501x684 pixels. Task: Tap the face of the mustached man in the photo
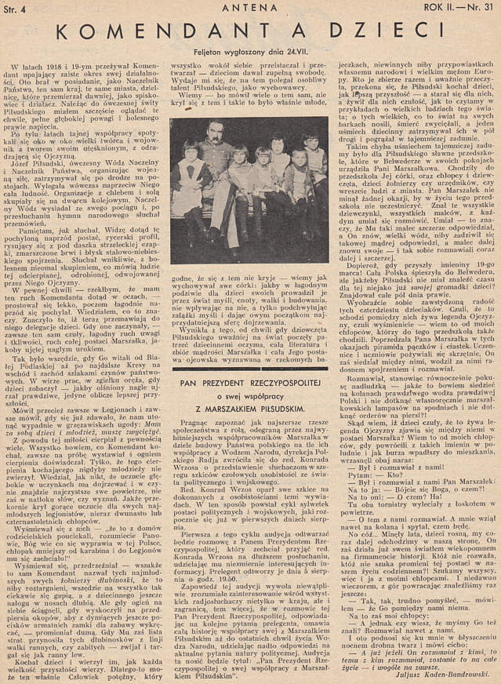(x=217, y=133)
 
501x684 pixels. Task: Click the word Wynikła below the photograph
(x=194, y=329)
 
